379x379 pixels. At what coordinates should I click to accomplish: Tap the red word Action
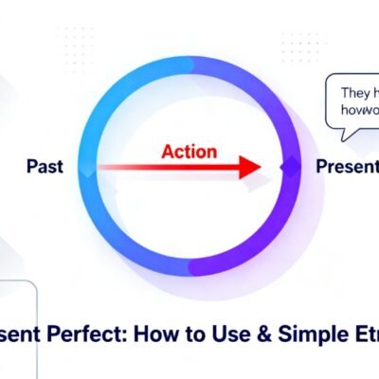pos(189,152)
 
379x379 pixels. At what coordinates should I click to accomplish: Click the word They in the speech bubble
pos(353,95)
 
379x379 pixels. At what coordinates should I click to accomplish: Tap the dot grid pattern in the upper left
pos(76,43)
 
